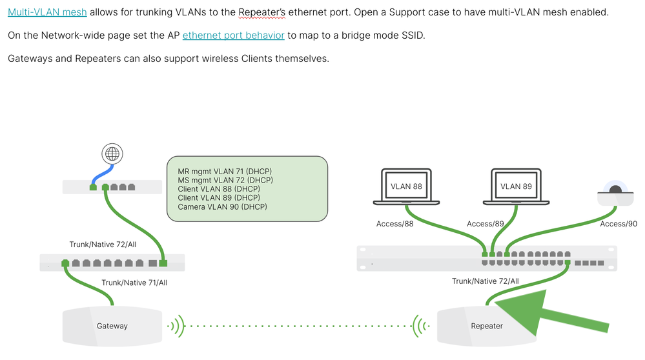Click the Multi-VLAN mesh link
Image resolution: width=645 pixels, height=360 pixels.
(47, 12)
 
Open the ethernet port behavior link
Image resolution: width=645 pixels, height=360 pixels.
(233, 35)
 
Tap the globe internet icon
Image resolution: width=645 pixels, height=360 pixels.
(113, 154)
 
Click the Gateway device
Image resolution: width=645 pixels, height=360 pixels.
(112, 326)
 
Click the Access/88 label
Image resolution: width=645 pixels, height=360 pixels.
(394, 224)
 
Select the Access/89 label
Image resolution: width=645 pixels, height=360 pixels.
(485, 224)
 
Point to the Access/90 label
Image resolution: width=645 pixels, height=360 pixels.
(618, 224)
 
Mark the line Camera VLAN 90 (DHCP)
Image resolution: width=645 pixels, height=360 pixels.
(222, 207)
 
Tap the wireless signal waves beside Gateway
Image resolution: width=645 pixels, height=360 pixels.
(175, 326)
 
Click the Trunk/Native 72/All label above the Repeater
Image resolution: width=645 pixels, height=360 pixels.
(485, 281)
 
